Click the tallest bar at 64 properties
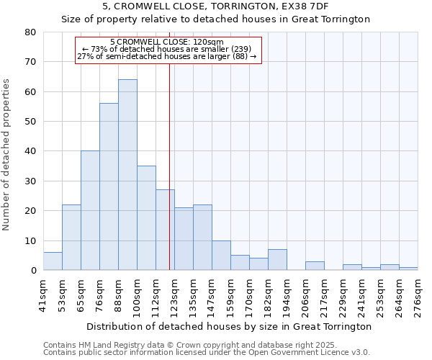click(127, 175)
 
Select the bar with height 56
click(109, 187)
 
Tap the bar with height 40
click(90, 211)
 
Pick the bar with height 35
click(146, 218)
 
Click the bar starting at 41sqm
click(53, 261)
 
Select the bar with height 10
click(221, 256)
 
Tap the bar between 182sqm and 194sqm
click(277, 260)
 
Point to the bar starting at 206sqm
click(315, 266)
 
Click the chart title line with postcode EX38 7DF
click(215, 6)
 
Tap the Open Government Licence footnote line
click(207, 352)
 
